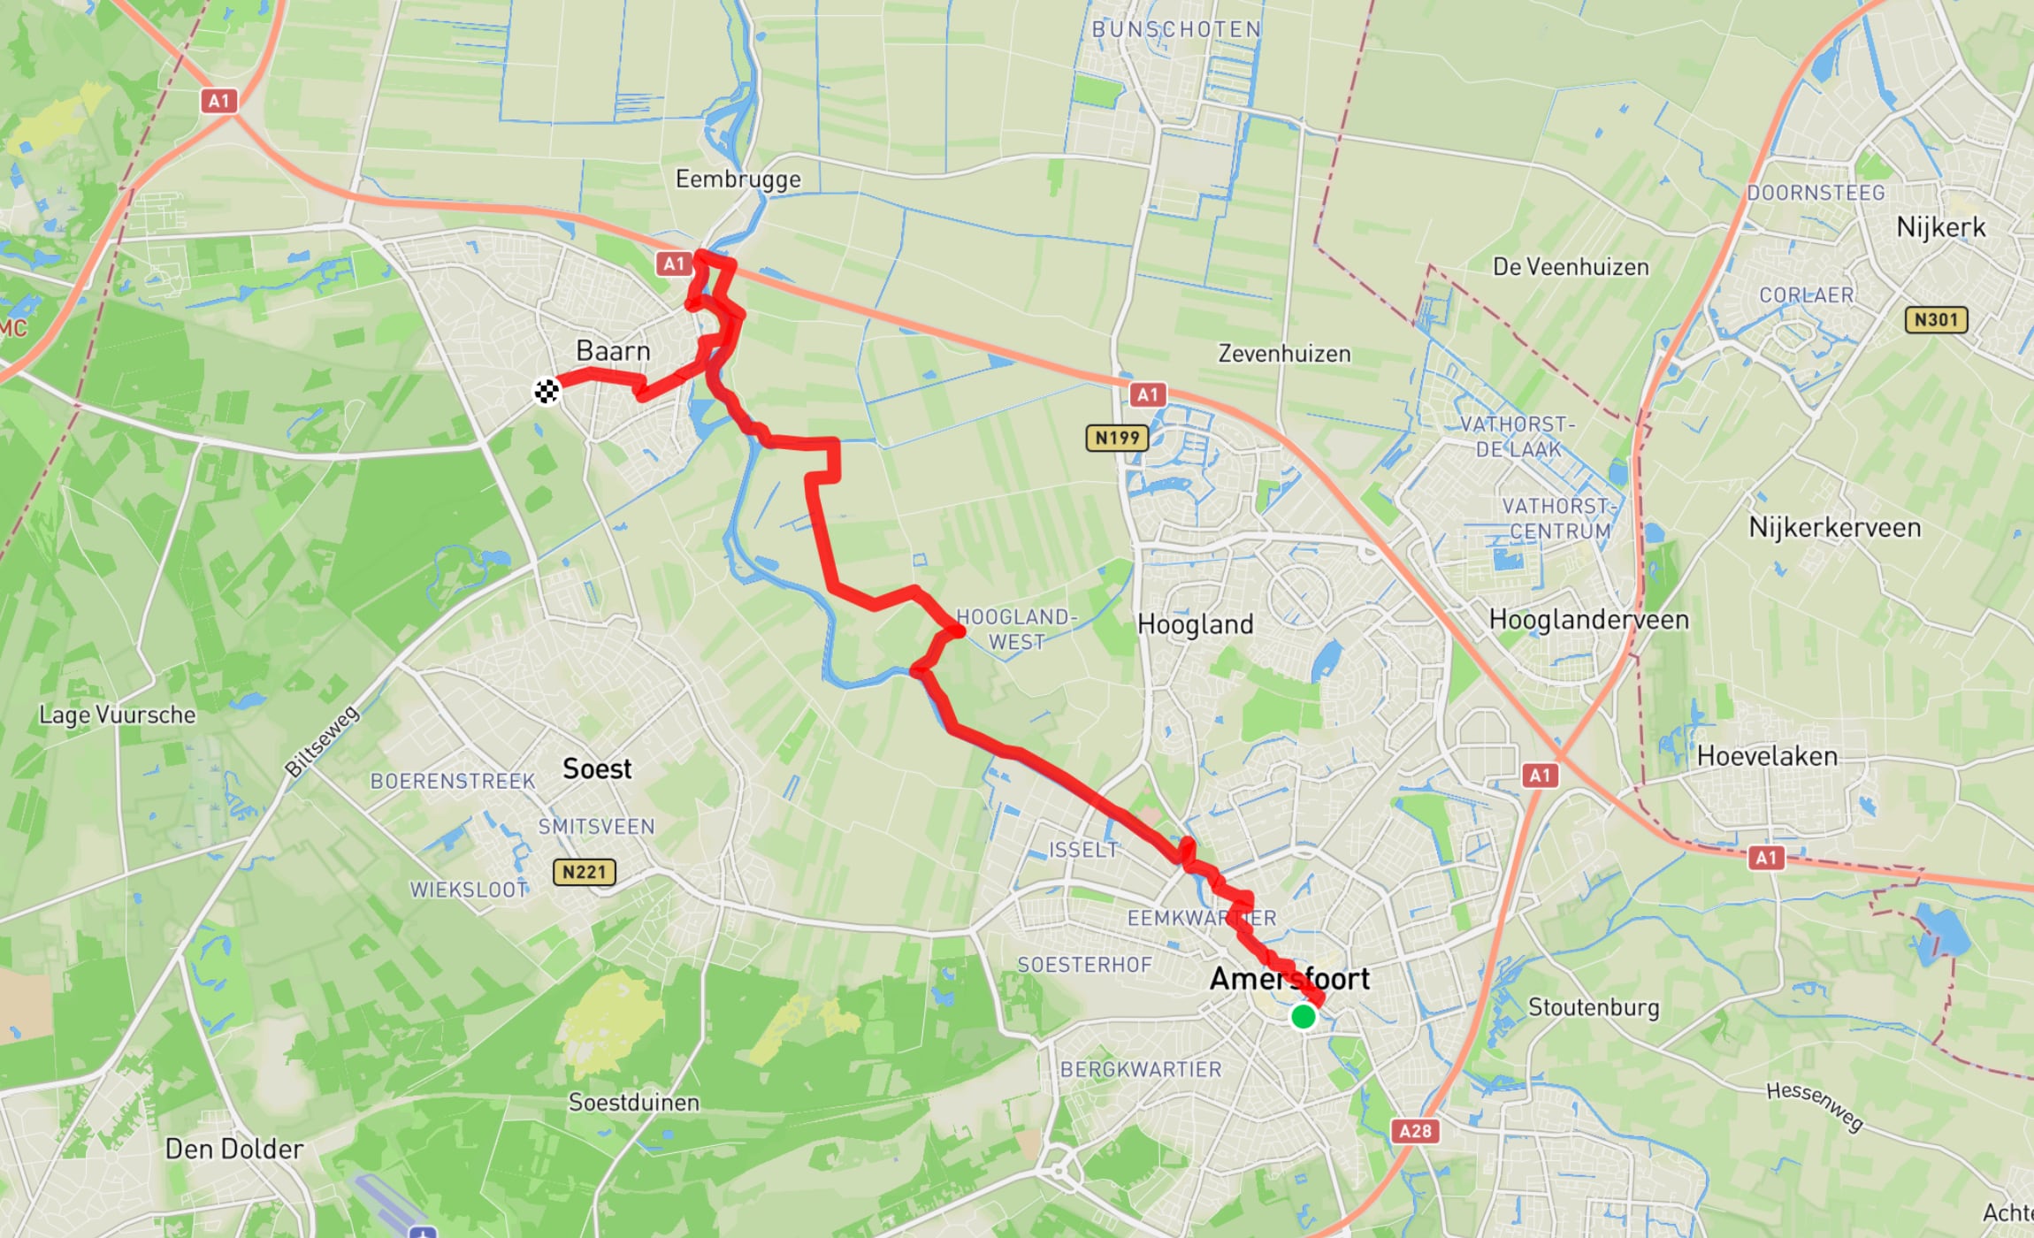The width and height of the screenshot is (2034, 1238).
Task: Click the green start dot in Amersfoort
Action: tap(1303, 1016)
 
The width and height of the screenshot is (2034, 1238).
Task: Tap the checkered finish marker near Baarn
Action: tap(547, 391)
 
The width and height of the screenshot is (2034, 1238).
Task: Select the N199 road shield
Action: tap(1117, 438)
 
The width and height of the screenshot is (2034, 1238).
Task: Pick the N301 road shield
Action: tap(1936, 319)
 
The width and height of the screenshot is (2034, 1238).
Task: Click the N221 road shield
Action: tap(584, 873)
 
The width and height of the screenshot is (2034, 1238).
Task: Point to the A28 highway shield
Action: tap(1415, 1130)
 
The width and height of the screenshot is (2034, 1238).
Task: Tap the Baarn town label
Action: tap(613, 351)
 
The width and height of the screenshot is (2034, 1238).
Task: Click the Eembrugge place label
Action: tap(738, 180)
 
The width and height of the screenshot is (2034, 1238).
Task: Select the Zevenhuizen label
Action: tap(1284, 354)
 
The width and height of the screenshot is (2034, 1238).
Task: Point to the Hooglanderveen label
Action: tap(1588, 619)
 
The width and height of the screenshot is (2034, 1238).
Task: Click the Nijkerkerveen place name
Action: tap(1835, 528)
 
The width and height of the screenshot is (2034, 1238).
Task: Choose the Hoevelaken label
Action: tap(1767, 756)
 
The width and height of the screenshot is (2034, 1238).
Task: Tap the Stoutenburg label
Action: tap(1594, 1007)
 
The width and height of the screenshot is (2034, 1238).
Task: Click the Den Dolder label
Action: tap(234, 1149)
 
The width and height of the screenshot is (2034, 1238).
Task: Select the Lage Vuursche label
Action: tap(117, 715)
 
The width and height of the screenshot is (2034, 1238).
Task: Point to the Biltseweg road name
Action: tap(322, 741)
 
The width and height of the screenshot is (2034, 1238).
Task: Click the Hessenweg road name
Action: tap(1815, 1106)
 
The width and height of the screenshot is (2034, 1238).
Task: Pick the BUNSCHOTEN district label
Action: tap(1176, 29)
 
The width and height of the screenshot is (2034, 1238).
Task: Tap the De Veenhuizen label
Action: tap(1571, 267)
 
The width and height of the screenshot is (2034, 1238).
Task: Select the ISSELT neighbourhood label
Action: tap(1083, 850)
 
